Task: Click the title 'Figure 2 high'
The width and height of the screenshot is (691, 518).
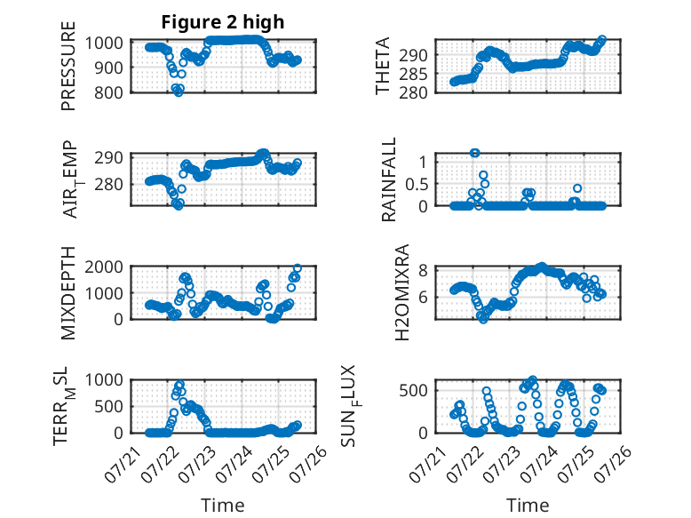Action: pos(223,22)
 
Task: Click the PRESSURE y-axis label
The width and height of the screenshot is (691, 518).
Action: pos(68,66)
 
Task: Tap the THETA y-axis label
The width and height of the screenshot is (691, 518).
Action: pos(383,66)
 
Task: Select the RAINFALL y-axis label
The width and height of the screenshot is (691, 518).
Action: pos(389,179)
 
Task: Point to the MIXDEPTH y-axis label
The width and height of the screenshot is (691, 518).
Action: pos(68,293)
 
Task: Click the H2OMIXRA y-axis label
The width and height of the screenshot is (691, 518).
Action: pos(402,292)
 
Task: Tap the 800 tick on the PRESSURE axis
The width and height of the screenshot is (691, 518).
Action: pos(108,93)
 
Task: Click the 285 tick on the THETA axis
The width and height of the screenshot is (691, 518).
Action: pos(413,75)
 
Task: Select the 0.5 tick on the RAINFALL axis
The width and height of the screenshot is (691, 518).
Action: pos(417,184)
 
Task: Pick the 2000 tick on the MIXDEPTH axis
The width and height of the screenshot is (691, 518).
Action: pos(104,267)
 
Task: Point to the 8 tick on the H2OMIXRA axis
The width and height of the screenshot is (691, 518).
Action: pos(423,270)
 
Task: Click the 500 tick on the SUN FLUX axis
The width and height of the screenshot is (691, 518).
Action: pos(413,391)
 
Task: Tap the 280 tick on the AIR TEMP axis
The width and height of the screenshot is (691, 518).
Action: pos(108,184)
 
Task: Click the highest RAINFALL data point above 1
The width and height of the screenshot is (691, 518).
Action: pos(474,153)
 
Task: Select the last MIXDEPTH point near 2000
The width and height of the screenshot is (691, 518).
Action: pos(298,268)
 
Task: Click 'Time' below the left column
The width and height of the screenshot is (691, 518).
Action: pos(223,506)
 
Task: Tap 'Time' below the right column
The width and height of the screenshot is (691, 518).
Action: pos(528,506)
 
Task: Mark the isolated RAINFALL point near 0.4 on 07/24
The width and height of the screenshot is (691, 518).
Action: pos(577,188)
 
